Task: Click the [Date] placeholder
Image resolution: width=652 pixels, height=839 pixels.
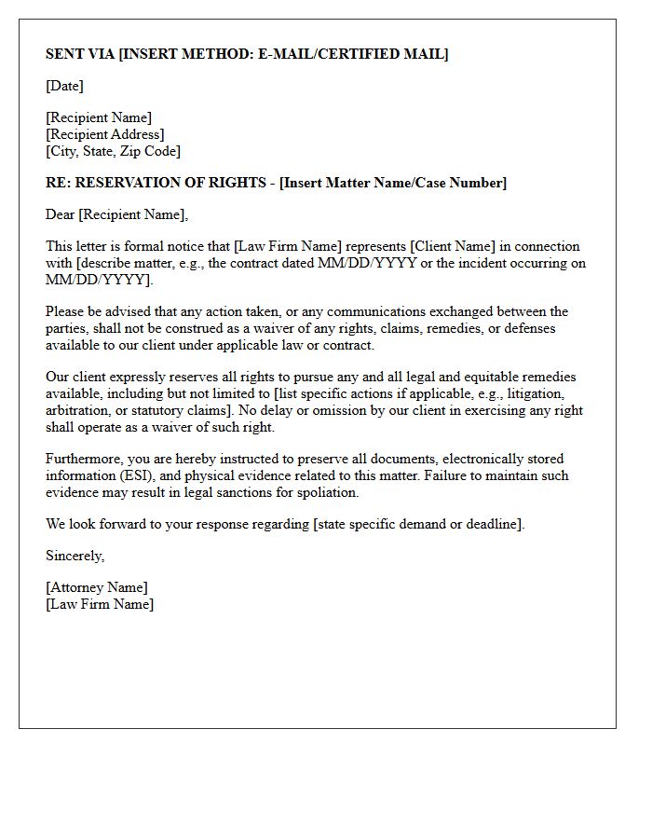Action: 64,86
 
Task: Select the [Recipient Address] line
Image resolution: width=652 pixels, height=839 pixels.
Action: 105,134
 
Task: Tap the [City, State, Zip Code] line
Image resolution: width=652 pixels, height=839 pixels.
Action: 113,151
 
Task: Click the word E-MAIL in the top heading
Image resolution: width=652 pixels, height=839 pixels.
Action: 281,54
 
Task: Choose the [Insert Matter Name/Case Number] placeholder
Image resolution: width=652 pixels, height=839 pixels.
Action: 393,183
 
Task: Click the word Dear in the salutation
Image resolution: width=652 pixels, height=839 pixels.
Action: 61,214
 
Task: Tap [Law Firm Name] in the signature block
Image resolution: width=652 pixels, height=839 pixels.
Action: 100,604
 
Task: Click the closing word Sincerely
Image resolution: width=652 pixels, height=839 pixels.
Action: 75,556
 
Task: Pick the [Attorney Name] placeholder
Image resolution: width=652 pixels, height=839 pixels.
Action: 97,587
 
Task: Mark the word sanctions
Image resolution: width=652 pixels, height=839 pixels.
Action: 261,492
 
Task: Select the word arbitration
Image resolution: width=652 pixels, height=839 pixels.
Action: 78,410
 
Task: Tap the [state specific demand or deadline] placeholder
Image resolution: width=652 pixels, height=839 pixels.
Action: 418,524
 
